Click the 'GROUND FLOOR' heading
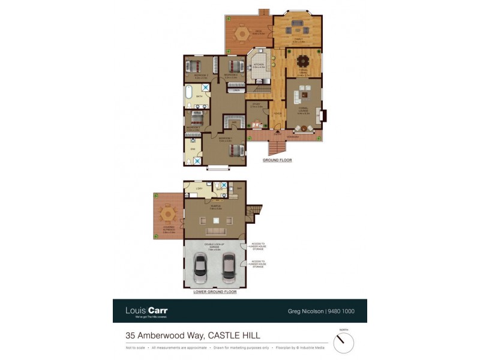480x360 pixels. pyautogui.click(x=277, y=161)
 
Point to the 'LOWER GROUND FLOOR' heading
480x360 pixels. pyautogui.click(x=215, y=292)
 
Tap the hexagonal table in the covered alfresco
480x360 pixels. pyautogui.click(x=169, y=213)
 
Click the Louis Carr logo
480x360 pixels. pyautogui.click(x=146, y=311)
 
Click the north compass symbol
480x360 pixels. pyautogui.click(x=343, y=342)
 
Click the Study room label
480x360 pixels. pyautogui.click(x=256, y=105)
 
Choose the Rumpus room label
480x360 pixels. pyautogui.click(x=215, y=206)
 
